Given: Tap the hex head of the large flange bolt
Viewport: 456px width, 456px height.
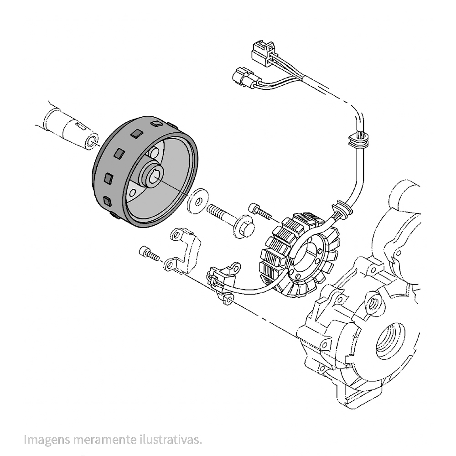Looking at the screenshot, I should pos(244,228).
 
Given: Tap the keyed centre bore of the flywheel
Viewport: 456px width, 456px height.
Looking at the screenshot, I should pos(155,174).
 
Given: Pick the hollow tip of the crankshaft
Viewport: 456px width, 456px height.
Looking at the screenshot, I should pos(91,140).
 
